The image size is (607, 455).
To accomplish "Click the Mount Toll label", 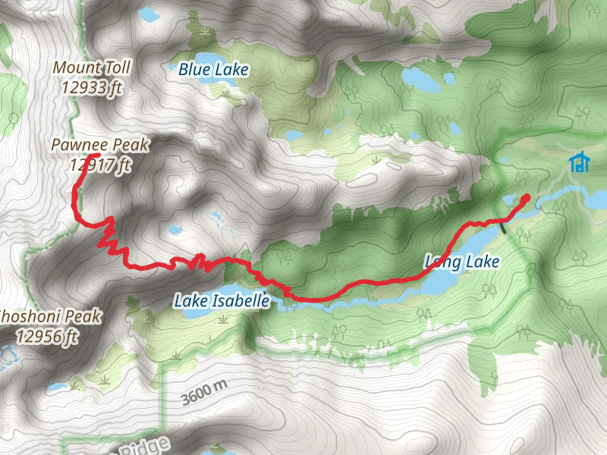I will (92, 67).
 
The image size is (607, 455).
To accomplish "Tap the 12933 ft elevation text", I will (92, 86).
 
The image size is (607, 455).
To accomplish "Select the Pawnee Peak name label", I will (100, 144).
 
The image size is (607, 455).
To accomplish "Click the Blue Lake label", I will (213, 71).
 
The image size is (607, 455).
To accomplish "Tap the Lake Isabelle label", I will (222, 301).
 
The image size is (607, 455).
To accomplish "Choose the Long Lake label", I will (461, 262).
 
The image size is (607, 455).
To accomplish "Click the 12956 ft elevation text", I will (47, 334).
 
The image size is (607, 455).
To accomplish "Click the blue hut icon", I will (580, 162).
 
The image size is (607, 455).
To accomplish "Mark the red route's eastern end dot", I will (526, 199).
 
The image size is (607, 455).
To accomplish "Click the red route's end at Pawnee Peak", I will (95, 157).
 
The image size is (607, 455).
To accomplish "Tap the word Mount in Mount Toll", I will (74, 67).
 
